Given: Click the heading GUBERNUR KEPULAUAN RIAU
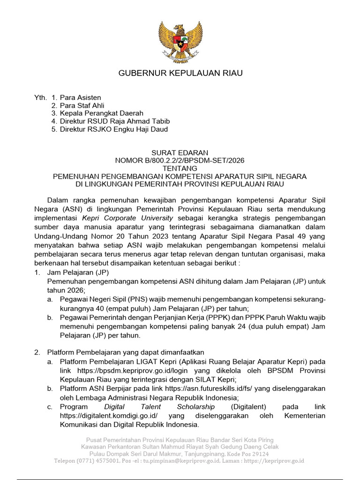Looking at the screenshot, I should tap(180, 73).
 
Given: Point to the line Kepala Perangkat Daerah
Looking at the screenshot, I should tap(97, 113).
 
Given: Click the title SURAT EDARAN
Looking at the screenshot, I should tap(180, 153).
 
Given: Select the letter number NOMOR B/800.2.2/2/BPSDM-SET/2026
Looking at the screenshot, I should tap(180, 160).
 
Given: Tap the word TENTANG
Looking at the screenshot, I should tap(180, 168).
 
